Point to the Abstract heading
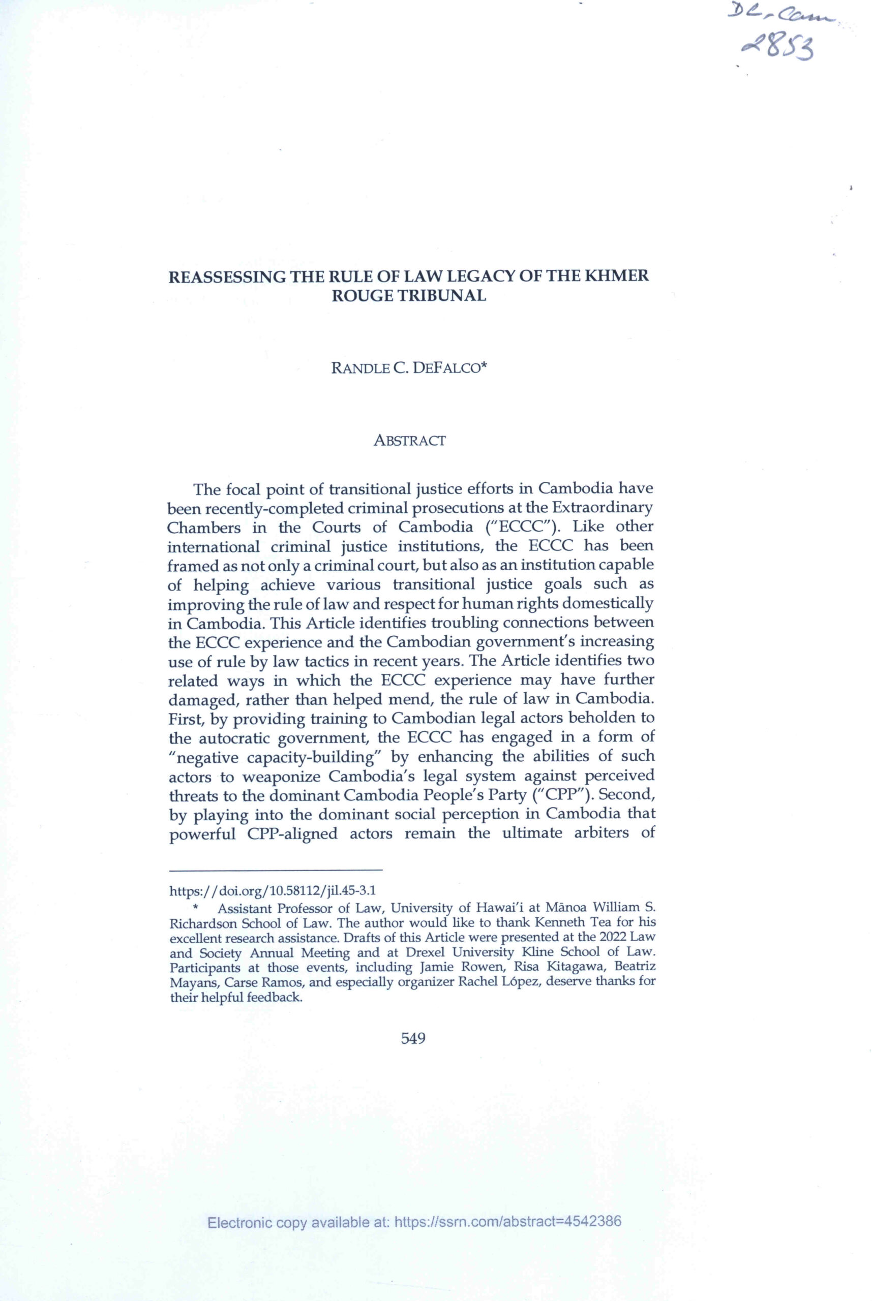coord(409,441)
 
